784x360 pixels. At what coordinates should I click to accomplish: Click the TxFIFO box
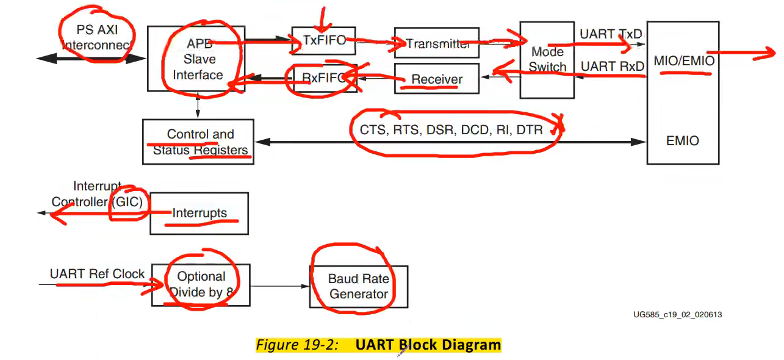(x=324, y=41)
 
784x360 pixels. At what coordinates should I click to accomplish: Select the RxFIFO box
(x=324, y=77)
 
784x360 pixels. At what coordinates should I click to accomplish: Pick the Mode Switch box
(x=547, y=60)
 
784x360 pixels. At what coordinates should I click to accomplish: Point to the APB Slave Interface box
(x=196, y=59)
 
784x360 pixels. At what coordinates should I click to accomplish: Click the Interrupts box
(x=199, y=214)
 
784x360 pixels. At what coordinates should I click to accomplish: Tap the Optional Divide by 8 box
(x=201, y=284)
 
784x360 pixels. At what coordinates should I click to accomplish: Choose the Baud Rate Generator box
(x=358, y=286)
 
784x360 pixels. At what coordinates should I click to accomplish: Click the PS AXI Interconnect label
(x=96, y=37)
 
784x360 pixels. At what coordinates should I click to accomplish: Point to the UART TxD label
(x=610, y=34)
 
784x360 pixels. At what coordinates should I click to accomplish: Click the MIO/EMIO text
(x=683, y=61)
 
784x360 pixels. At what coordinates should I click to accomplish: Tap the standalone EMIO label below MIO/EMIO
(x=683, y=141)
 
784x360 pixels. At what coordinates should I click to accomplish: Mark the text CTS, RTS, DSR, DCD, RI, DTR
(x=451, y=130)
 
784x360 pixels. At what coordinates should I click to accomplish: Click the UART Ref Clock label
(x=97, y=274)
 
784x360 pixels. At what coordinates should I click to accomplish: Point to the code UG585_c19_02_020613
(x=677, y=315)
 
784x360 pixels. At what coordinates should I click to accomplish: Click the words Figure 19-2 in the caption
(x=297, y=345)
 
